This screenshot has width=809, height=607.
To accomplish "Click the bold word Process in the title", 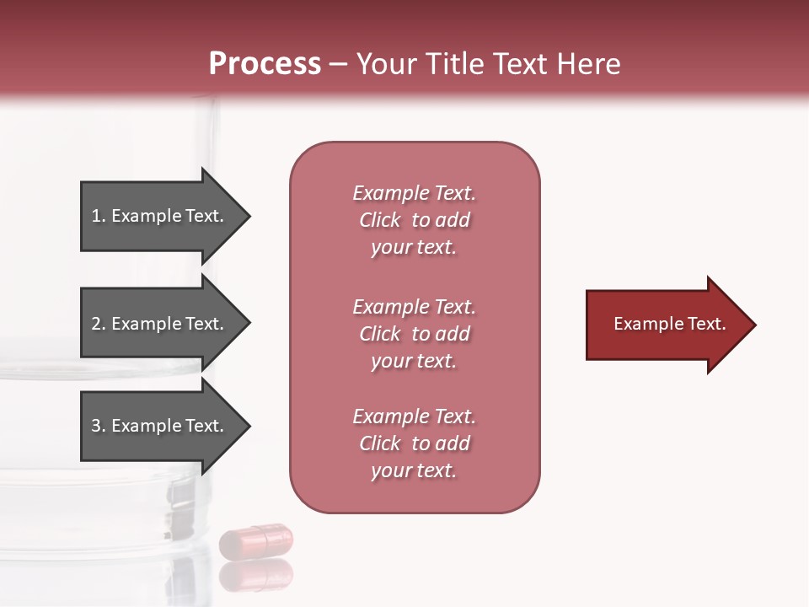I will click(265, 64).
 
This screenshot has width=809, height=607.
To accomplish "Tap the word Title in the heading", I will click(456, 64).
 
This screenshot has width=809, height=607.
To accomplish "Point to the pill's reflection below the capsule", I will click(256, 575).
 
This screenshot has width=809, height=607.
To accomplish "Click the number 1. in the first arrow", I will click(98, 216).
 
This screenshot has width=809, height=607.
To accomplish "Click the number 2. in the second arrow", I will click(98, 324).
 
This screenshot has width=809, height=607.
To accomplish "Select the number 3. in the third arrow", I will click(98, 426).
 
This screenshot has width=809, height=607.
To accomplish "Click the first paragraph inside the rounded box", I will click(414, 220).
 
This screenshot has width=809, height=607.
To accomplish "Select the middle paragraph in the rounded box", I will click(414, 334).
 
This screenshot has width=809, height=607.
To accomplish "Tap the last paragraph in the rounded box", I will click(414, 443).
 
